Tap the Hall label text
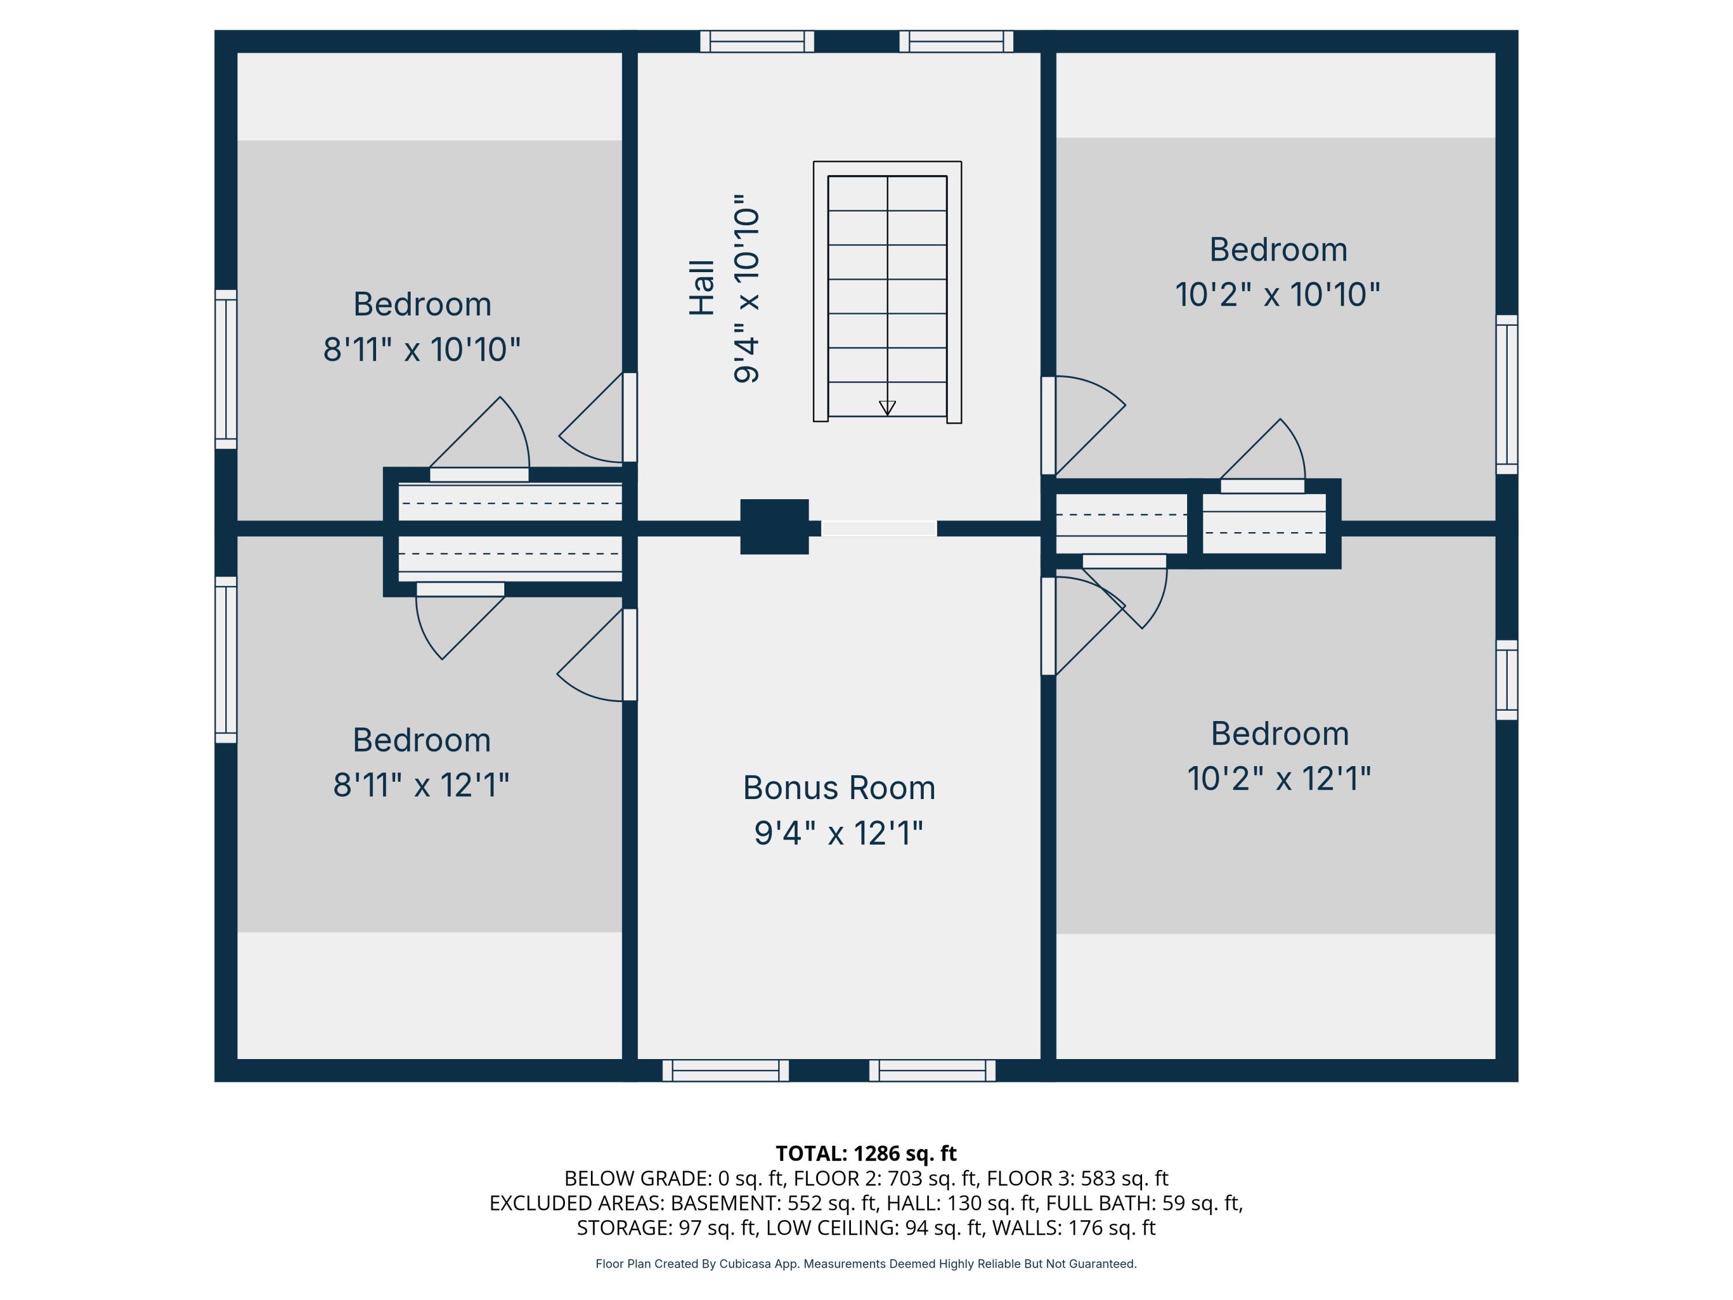tap(702, 288)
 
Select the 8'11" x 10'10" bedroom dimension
tap(422, 350)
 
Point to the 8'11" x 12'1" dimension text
tap(422, 785)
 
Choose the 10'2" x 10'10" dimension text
tap(1277, 295)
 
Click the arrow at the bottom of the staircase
tap(887, 407)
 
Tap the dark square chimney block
tap(774, 526)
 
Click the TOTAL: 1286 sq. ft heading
tap(866, 1153)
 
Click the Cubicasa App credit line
tap(866, 1264)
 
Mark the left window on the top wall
tap(757, 42)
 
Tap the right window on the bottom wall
tap(932, 1071)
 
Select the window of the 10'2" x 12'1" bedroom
tap(1507, 679)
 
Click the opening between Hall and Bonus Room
tap(878, 529)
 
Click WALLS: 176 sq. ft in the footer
tap(1073, 1228)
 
